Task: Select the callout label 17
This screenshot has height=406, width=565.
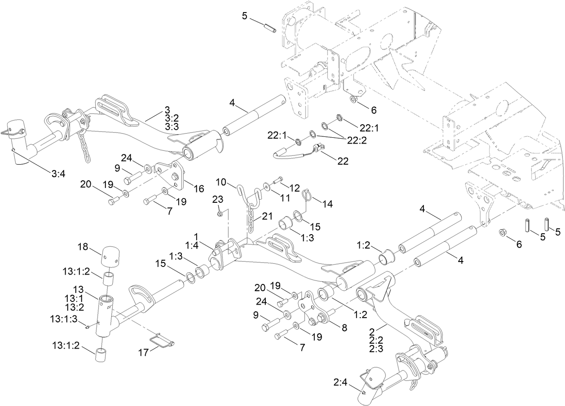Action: pyautogui.click(x=143, y=353)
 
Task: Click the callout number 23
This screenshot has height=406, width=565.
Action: pyautogui.click(x=217, y=199)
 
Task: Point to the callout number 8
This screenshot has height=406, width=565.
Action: pyautogui.click(x=344, y=327)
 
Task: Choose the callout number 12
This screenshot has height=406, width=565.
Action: pyautogui.click(x=294, y=186)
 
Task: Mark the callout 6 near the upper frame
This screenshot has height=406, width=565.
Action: pyautogui.click(x=373, y=109)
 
